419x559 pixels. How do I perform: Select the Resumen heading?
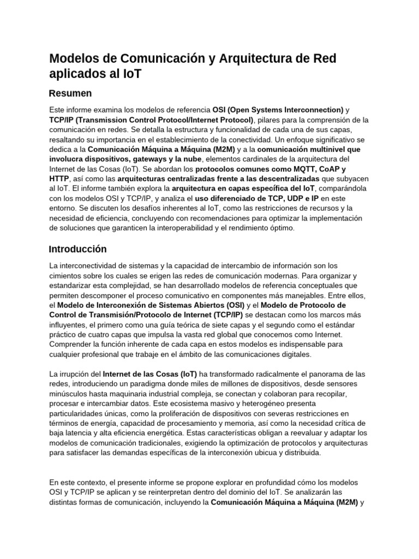coord(70,93)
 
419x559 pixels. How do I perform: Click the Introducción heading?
coord(77,249)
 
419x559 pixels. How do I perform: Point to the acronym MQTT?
coord(303,169)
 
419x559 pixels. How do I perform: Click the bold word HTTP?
coord(59,179)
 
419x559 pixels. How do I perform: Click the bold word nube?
coord(190,159)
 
